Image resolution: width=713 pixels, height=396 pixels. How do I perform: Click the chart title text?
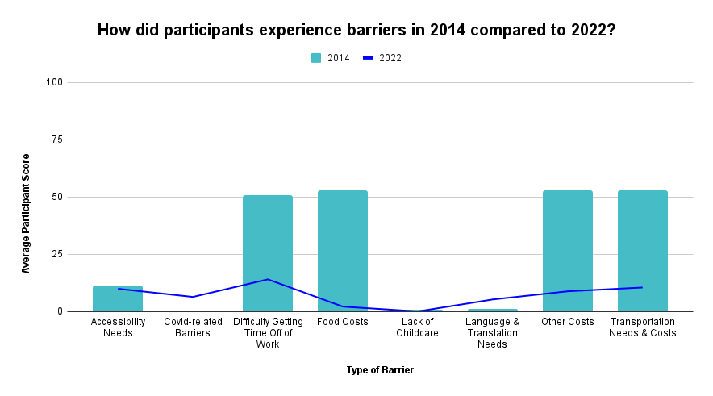[356, 31]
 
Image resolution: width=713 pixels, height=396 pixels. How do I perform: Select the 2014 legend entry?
[331, 58]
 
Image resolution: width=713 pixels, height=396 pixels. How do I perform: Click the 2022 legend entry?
[382, 58]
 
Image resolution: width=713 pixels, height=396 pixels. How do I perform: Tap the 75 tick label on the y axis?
[57, 140]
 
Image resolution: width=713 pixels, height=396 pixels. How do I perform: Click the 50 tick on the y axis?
[57, 197]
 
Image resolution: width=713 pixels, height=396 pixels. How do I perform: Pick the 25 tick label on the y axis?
[57, 254]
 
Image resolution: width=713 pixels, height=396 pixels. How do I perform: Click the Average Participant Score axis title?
[26, 213]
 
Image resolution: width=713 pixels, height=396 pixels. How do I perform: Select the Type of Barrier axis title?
[380, 370]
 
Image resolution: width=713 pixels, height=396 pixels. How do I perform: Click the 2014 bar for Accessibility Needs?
[118, 299]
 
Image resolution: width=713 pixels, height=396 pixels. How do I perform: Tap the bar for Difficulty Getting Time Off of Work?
[268, 253]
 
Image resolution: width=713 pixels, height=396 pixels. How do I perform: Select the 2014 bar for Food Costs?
[343, 251]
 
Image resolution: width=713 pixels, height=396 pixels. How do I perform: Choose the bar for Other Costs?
[568, 251]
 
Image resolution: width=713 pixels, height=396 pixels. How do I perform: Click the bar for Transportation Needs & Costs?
[643, 251]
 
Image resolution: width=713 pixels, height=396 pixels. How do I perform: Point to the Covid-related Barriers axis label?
[193, 327]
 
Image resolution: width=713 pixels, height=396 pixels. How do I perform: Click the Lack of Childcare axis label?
[418, 327]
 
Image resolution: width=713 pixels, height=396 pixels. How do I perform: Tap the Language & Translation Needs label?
[493, 332]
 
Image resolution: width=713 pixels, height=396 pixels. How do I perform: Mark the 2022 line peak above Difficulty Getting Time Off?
[268, 279]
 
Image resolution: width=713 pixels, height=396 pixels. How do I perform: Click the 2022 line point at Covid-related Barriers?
[193, 297]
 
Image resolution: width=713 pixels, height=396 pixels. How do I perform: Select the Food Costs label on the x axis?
[343, 321]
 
